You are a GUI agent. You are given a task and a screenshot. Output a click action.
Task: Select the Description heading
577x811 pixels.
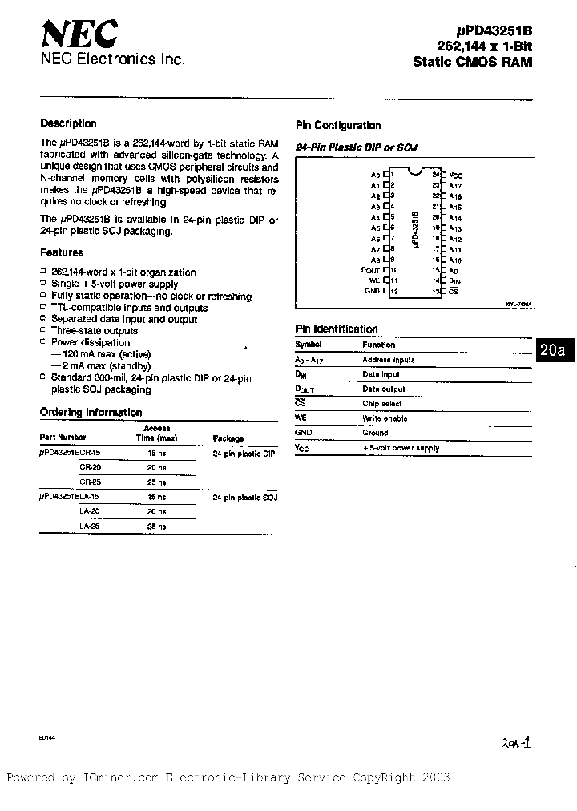(x=68, y=123)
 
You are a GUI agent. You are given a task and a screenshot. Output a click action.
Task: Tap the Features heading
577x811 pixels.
(x=62, y=252)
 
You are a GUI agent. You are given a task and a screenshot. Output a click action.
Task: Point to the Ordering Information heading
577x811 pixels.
(x=91, y=413)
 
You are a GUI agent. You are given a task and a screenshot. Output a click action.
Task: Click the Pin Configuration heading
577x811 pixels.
(x=338, y=125)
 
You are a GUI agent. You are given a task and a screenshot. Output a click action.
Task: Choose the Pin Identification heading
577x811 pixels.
(x=337, y=329)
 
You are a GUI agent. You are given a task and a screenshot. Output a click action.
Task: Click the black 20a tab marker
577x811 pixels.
(x=552, y=351)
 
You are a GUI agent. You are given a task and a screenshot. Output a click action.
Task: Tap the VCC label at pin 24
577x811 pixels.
(x=455, y=175)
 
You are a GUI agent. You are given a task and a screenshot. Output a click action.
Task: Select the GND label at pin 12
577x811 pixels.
(x=373, y=291)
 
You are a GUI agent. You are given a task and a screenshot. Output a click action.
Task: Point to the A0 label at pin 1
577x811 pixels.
(x=374, y=175)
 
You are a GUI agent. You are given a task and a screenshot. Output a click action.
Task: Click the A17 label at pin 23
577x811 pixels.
(x=455, y=185)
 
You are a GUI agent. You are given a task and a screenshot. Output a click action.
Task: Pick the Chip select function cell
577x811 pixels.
(x=382, y=404)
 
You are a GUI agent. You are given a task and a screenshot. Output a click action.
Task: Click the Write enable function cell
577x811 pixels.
(x=385, y=418)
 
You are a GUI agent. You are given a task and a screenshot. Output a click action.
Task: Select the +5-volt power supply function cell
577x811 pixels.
(x=401, y=448)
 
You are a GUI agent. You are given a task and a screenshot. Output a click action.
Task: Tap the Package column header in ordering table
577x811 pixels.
(x=228, y=438)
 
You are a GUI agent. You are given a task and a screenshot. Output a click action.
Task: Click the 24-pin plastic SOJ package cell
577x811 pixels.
(x=244, y=498)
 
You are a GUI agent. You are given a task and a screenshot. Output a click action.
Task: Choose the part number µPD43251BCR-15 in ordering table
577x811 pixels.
(x=71, y=454)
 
